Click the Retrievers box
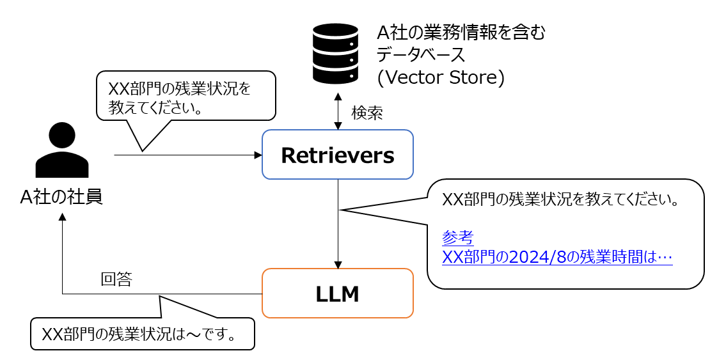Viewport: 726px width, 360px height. coord(338,155)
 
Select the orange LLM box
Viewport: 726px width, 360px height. coord(338,293)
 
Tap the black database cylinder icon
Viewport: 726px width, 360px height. coord(335,54)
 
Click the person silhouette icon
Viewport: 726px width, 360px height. coord(62,151)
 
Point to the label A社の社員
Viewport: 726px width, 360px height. coord(61,197)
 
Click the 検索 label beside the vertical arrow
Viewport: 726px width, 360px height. coord(367,113)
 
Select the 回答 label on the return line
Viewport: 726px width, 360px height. coord(116,279)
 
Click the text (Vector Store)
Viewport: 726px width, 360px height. coord(441,77)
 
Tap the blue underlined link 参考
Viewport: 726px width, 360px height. coord(457,238)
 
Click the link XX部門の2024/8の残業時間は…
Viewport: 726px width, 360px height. coord(556,257)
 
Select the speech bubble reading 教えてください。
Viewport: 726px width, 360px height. coord(185,96)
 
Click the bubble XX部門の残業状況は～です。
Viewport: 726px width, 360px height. coord(142,334)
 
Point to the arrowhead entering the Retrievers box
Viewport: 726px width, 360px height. coord(258,155)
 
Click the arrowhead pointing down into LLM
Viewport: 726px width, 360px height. coord(338,265)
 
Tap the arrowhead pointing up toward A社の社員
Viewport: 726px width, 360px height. coord(62,217)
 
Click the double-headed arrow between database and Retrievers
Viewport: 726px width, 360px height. coord(338,113)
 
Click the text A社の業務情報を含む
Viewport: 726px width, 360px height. coord(461,31)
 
